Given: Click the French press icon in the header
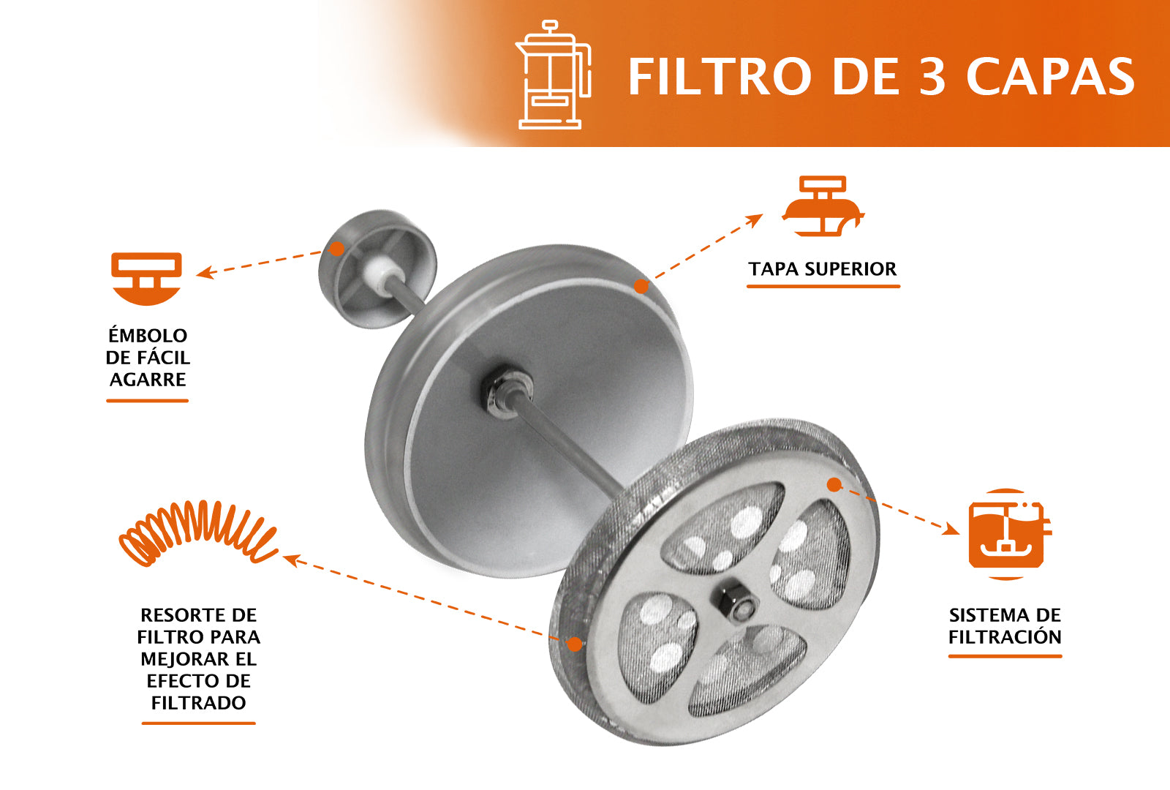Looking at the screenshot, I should (552, 75).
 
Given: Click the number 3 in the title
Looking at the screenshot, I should (932, 77).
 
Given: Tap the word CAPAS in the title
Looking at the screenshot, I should (1050, 77).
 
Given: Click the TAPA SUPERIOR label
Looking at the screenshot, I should (822, 269).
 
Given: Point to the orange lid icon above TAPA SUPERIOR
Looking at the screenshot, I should (823, 206).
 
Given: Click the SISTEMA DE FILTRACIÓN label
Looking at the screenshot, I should (1005, 625).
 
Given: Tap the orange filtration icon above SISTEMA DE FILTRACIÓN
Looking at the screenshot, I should (1007, 535).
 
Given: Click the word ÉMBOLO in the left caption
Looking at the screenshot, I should (148, 336).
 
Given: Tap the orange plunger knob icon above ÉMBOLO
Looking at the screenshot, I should (146, 279).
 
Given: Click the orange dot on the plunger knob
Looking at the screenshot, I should (336, 249).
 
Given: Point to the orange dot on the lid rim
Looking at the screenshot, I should (641, 287).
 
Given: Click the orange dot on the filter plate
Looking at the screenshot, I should (834, 484).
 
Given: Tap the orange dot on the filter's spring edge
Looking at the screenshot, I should (575, 644).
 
